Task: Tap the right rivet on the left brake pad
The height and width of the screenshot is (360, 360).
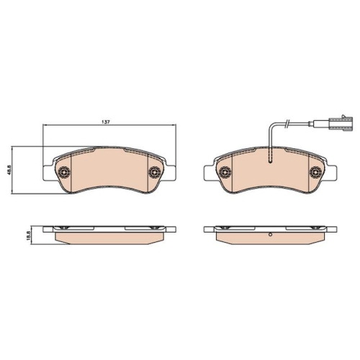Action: point(155,171)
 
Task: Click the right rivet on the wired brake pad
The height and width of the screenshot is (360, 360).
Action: point(315,171)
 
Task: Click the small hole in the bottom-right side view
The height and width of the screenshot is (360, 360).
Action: point(270,236)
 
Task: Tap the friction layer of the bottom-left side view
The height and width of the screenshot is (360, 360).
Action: point(109,238)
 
